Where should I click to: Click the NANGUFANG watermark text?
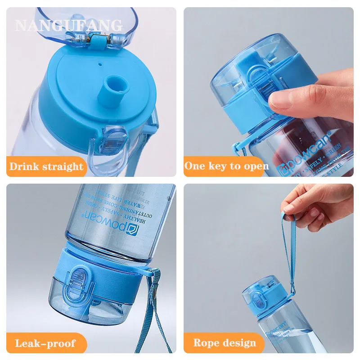[68, 25]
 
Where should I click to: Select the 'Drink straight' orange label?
[46, 166]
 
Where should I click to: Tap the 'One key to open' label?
[226, 166]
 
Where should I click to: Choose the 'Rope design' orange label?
[225, 343]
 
